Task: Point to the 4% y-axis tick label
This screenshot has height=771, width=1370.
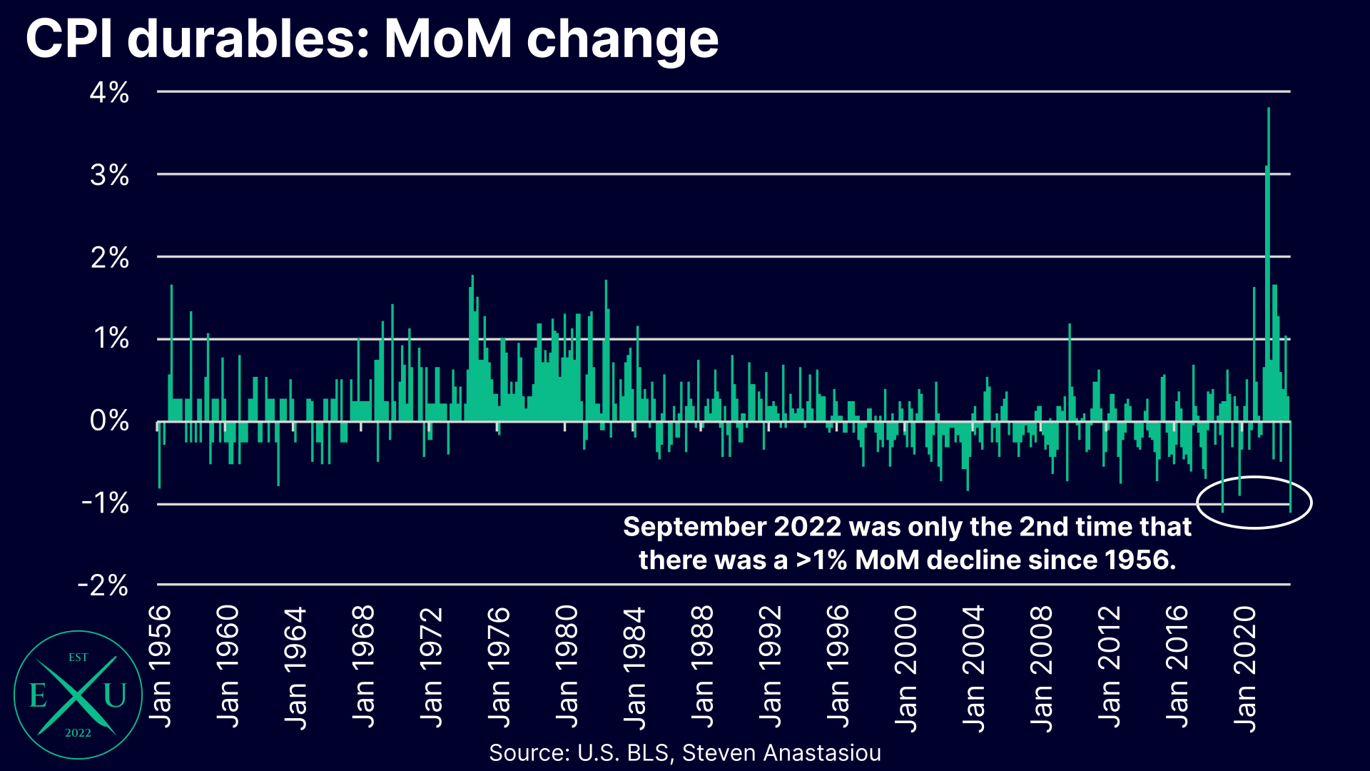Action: point(110,93)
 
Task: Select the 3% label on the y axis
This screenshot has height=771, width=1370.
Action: point(110,175)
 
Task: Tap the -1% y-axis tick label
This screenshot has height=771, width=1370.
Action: point(106,503)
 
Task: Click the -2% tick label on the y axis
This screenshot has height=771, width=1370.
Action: point(103,585)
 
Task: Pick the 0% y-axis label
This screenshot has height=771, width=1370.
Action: point(110,421)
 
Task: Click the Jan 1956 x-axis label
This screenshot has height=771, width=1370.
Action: point(161,667)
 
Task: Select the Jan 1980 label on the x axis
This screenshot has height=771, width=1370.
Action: point(567,667)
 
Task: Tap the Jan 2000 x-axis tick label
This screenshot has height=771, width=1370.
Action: point(906,668)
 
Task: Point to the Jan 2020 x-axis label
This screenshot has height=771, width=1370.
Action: point(1245,668)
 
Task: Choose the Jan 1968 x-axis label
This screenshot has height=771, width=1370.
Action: point(364,667)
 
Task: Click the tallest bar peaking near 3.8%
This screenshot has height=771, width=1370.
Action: point(1269,214)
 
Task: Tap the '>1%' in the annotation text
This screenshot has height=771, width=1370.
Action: point(821,560)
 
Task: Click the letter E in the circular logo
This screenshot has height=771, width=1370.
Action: point(39,695)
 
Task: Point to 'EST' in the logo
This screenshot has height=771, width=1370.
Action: point(78,657)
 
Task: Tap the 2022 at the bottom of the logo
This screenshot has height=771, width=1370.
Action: point(78,733)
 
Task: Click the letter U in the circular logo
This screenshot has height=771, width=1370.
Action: point(116,695)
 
